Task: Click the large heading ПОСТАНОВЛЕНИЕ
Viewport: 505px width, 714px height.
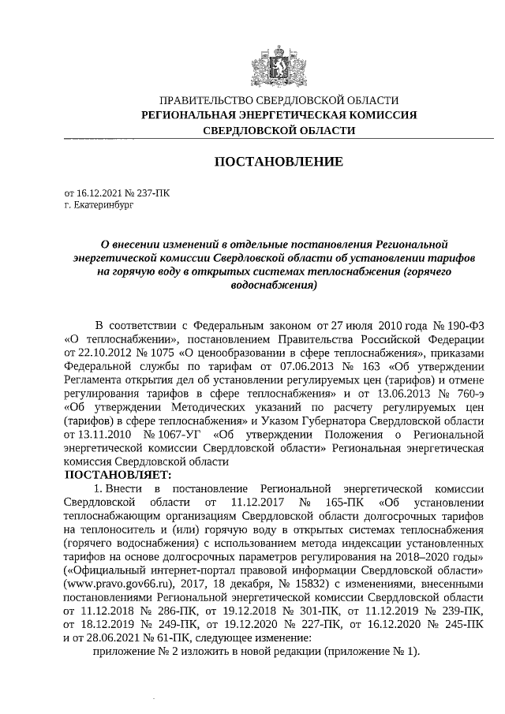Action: pyautogui.click(x=279, y=162)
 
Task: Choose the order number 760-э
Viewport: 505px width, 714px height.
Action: pyautogui.click(x=466, y=391)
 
